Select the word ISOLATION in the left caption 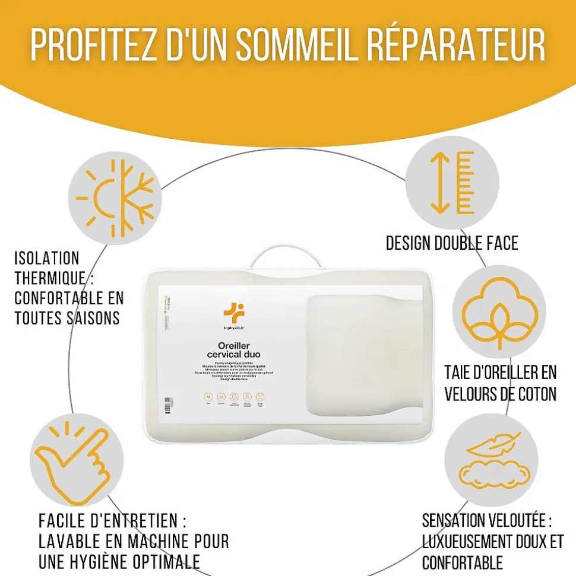[47, 259]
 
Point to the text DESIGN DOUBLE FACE [452, 243]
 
